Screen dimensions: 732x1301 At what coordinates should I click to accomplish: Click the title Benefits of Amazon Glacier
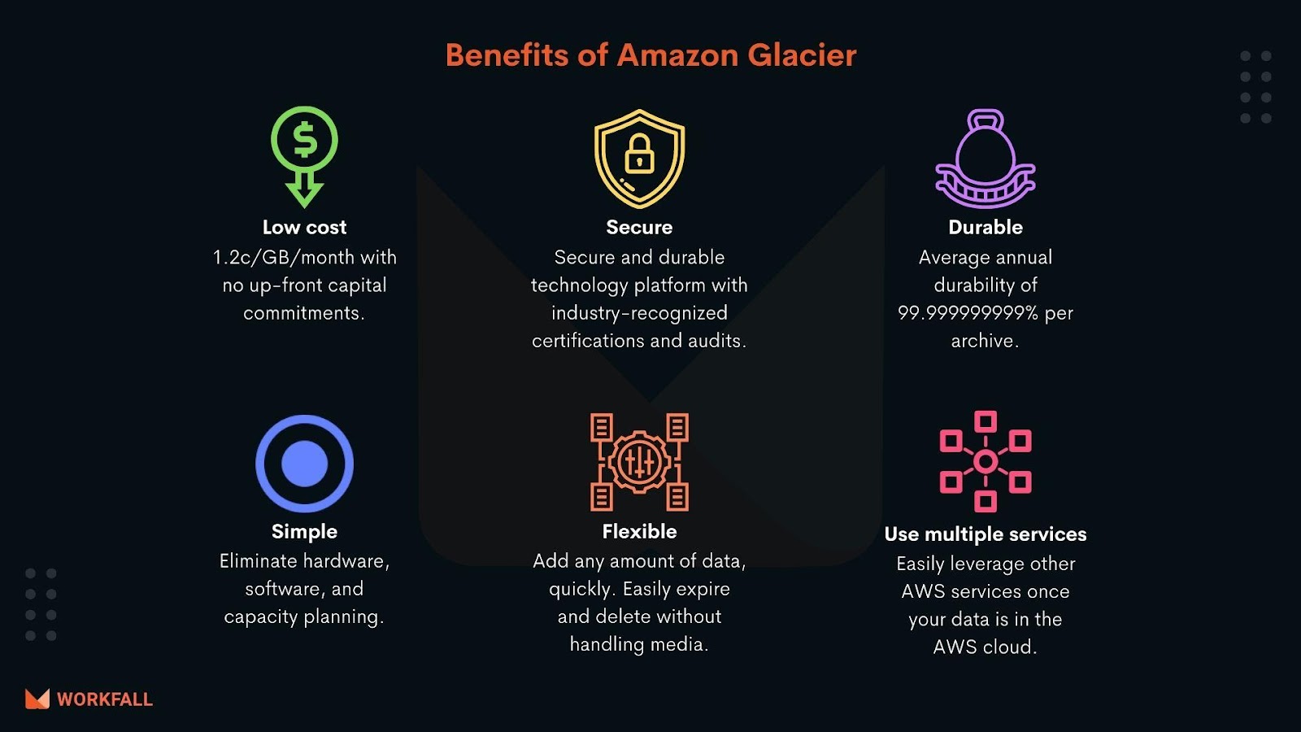[650, 55]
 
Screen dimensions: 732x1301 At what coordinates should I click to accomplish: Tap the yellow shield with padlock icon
[639, 158]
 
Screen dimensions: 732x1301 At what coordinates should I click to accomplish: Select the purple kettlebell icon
[986, 159]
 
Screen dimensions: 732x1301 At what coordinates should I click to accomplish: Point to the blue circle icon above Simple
[304, 464]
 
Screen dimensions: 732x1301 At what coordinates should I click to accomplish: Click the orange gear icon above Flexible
[639, 462]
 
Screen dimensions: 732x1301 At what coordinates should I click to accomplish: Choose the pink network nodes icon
[986, 461]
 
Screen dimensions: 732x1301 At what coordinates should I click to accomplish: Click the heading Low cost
[304, 227]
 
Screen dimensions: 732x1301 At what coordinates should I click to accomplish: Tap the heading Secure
[639, 227]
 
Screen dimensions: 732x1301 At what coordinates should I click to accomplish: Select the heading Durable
[986, 227]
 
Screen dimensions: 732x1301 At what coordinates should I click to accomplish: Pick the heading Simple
[304, 531]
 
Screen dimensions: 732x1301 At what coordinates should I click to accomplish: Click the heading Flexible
[639, 531]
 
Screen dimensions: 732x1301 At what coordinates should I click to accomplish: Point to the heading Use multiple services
[986, 534]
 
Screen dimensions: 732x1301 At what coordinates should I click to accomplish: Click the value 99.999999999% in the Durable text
[968, 313]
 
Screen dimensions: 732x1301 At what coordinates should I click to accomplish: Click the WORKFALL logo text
[105, 699]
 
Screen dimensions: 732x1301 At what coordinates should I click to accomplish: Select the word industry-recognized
[639, 313]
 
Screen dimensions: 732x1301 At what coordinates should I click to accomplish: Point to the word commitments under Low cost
[302, 313]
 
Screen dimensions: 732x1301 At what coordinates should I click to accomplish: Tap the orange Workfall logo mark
[37, 699]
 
